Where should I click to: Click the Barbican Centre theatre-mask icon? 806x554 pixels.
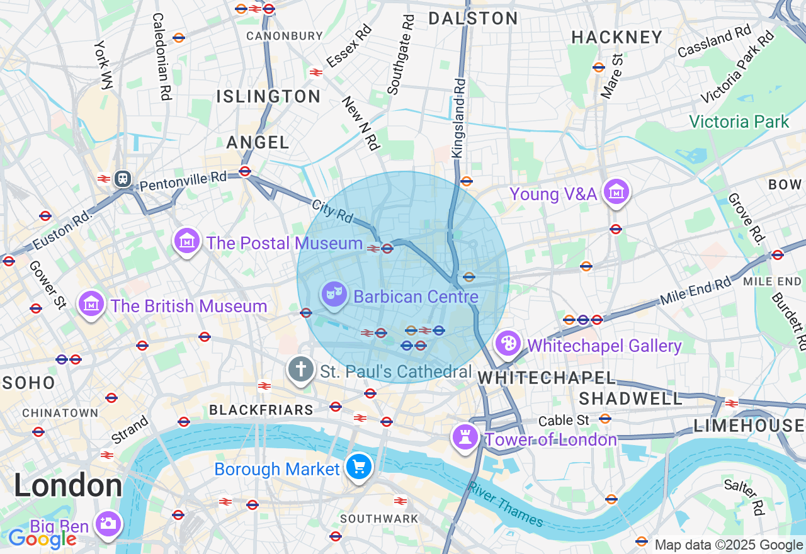tap(334, 293)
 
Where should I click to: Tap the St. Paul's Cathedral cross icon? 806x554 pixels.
tap(301, 369)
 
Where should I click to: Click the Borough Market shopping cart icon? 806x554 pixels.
tap(359, 467)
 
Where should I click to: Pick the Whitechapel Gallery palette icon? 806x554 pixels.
tap(508, 344)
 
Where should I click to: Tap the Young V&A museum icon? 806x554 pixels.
tap(616, 192)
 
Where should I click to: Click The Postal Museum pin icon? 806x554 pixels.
tap(188, 240)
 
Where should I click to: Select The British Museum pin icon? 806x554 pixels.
tap(91, 304)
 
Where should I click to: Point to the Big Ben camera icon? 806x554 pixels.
tap(108, 523)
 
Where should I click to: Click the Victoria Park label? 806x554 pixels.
tap(739, 122)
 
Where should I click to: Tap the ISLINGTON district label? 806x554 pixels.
tap(268, 96)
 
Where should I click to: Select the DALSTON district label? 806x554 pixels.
tap(473, 18)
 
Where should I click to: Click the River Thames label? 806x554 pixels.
tap(506, 504)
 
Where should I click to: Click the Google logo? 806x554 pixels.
tap(42, 539)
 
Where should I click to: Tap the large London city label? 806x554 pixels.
tap(68, 485)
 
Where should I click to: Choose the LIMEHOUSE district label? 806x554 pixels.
tap(749, 426)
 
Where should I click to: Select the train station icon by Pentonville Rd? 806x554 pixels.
tap(122, 179)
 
